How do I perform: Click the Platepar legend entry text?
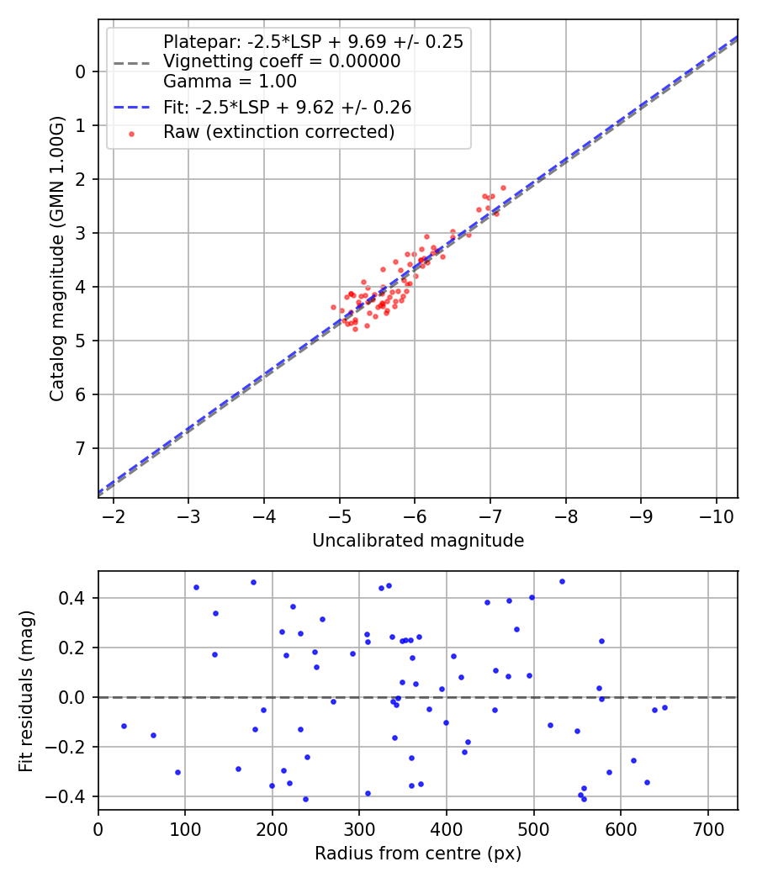click(313, 42)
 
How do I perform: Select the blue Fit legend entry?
click(287, 108)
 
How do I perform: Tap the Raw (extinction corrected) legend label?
click(278, 132)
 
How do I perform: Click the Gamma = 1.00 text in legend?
click(230, 82)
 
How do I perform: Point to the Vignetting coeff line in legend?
click(282, 61)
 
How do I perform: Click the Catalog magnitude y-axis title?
click(56, 259)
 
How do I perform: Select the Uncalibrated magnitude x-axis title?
click(418, 541)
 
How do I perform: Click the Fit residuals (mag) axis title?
click(26, 690)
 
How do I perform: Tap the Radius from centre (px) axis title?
click(418, 854)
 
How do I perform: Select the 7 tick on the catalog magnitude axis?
click(81, 448)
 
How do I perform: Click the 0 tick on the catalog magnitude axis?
click(81, 71)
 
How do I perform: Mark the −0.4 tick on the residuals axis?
click(71, 796)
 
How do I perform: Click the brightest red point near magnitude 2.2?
click(503, 188)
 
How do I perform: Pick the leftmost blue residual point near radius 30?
click(124, 726)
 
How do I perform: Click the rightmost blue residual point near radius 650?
click(664, 707)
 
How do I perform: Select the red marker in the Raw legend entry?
click(131, 133)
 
